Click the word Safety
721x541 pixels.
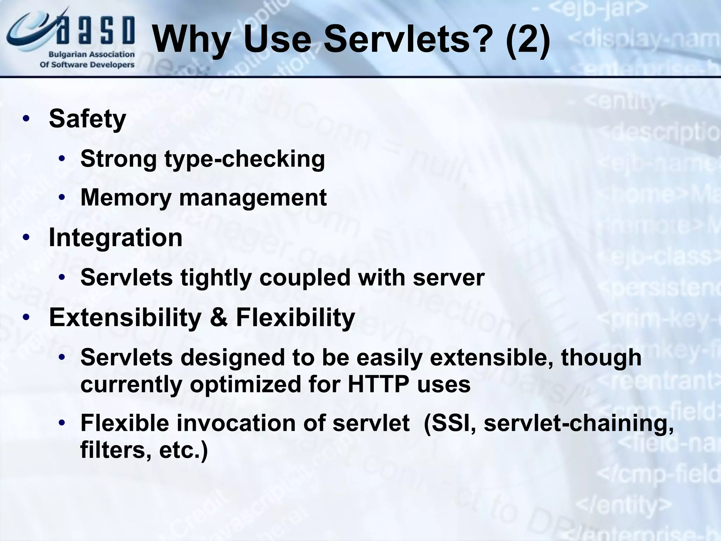[87, 119]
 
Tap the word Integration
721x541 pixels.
[115, 237]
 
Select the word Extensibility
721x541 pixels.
[125, 318]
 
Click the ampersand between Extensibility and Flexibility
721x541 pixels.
[218, 318]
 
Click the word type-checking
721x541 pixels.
[245, 159]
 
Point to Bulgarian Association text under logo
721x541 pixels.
[92, 55]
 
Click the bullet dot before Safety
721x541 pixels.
[26, 119]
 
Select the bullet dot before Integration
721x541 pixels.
[26, 238]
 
